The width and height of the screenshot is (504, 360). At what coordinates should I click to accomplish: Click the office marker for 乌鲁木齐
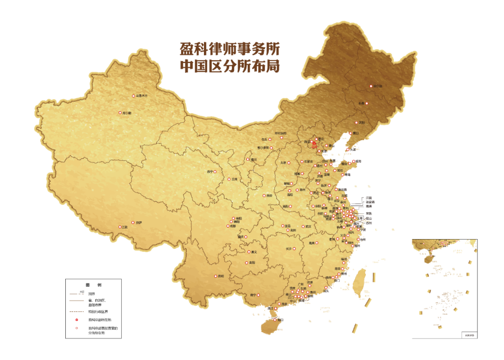(133, 96)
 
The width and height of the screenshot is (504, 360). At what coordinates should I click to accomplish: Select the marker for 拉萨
(133, 223)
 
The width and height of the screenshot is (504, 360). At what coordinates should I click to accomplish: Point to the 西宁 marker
(215, 172)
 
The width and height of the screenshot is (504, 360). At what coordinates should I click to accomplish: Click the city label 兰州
(234, 179)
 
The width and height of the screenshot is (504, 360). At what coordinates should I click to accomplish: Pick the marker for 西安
(264, 196)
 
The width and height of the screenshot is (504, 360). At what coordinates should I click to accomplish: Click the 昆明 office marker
(215, 276)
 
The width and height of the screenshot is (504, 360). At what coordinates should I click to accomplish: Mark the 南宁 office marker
(258, 295)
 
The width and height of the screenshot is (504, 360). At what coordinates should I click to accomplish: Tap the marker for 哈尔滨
(372, 86)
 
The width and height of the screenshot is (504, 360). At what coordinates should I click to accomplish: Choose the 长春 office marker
(367, 103)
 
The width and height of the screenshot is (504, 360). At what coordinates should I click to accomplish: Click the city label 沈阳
(361, 123)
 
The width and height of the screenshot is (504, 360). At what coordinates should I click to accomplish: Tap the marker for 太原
(289, 163)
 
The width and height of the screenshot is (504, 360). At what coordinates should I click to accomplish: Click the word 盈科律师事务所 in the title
(230, 49)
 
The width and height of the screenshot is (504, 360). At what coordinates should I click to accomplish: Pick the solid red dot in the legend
(77, 320)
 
